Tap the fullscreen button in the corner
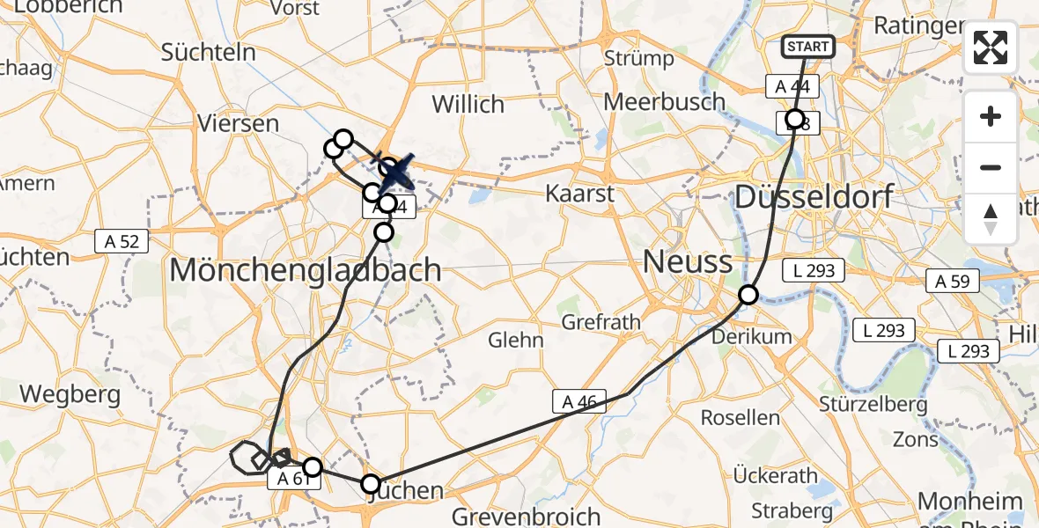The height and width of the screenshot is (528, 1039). click(x=991, y=48)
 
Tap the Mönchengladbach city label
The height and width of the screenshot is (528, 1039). click(x=305, y=269)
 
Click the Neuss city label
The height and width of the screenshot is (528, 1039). click(x=688, y=261)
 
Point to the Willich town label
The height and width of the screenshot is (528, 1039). click(x=468, y=104)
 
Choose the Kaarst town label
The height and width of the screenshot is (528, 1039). click(x=579, y=193)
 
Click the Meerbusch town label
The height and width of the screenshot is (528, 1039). click(x=664, y=101)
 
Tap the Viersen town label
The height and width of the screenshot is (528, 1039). click(x=239, y=123)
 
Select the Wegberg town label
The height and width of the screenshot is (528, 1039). click(x=70, y=394)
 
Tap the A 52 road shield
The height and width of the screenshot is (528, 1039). click(x=122, y=239)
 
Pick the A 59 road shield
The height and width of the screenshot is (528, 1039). click(x=952, y=282)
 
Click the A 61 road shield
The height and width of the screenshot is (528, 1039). click(x=292, y=479)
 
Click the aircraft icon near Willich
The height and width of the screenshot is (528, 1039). click(x=397, y=171)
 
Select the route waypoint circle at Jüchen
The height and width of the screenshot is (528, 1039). click(x=371, y=484)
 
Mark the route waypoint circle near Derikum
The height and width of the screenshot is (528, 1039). click(x=748, y=295)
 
